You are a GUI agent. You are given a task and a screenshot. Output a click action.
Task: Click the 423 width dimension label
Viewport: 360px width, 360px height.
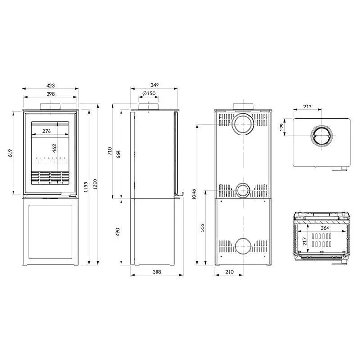click(51, 85)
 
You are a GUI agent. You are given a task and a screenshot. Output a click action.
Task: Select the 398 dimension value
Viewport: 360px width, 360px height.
click(50, 94)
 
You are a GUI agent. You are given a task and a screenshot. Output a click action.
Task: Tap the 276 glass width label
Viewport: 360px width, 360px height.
click(46, 131)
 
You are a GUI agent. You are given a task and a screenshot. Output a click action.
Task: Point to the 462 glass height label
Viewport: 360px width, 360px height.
click(54, 148)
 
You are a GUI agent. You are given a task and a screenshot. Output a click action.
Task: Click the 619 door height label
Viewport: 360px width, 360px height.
click(10, 153)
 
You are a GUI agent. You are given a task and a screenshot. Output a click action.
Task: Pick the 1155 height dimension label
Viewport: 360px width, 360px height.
click(85, 187)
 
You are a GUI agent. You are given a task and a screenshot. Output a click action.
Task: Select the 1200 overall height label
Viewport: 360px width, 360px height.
click(95, 184)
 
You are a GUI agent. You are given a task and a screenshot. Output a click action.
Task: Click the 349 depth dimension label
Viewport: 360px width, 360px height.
click(154, 85)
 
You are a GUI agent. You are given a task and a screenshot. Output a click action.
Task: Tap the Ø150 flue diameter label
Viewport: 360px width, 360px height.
click(149, 94)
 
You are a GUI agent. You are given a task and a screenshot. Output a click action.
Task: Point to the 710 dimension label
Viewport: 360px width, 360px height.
click(110, 151)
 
